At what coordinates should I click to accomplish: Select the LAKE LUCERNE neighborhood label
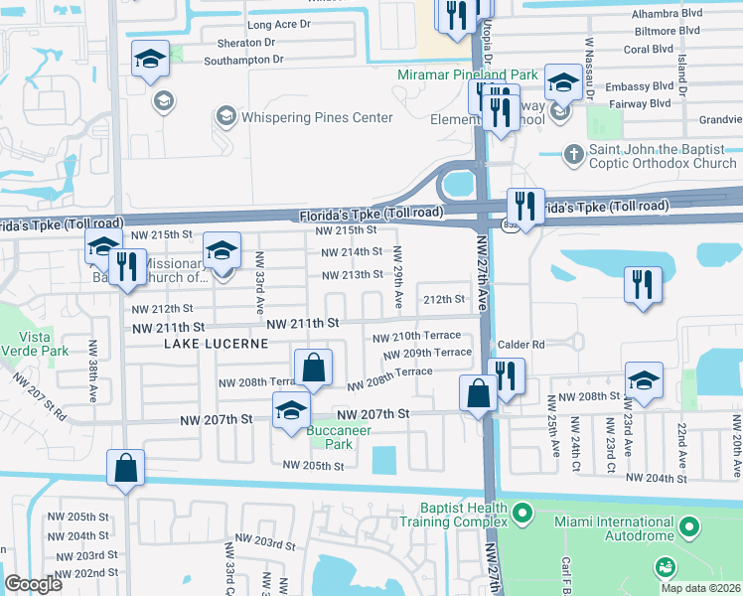[217, 344]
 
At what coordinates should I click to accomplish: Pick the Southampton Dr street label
[243, 60]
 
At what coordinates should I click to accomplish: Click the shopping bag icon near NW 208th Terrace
[313, 368]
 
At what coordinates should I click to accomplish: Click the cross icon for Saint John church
[572, 154]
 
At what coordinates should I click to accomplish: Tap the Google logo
[33, 584]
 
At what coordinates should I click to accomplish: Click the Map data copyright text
[700, 588]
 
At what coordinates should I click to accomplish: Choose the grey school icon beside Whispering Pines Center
[226, 117]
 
